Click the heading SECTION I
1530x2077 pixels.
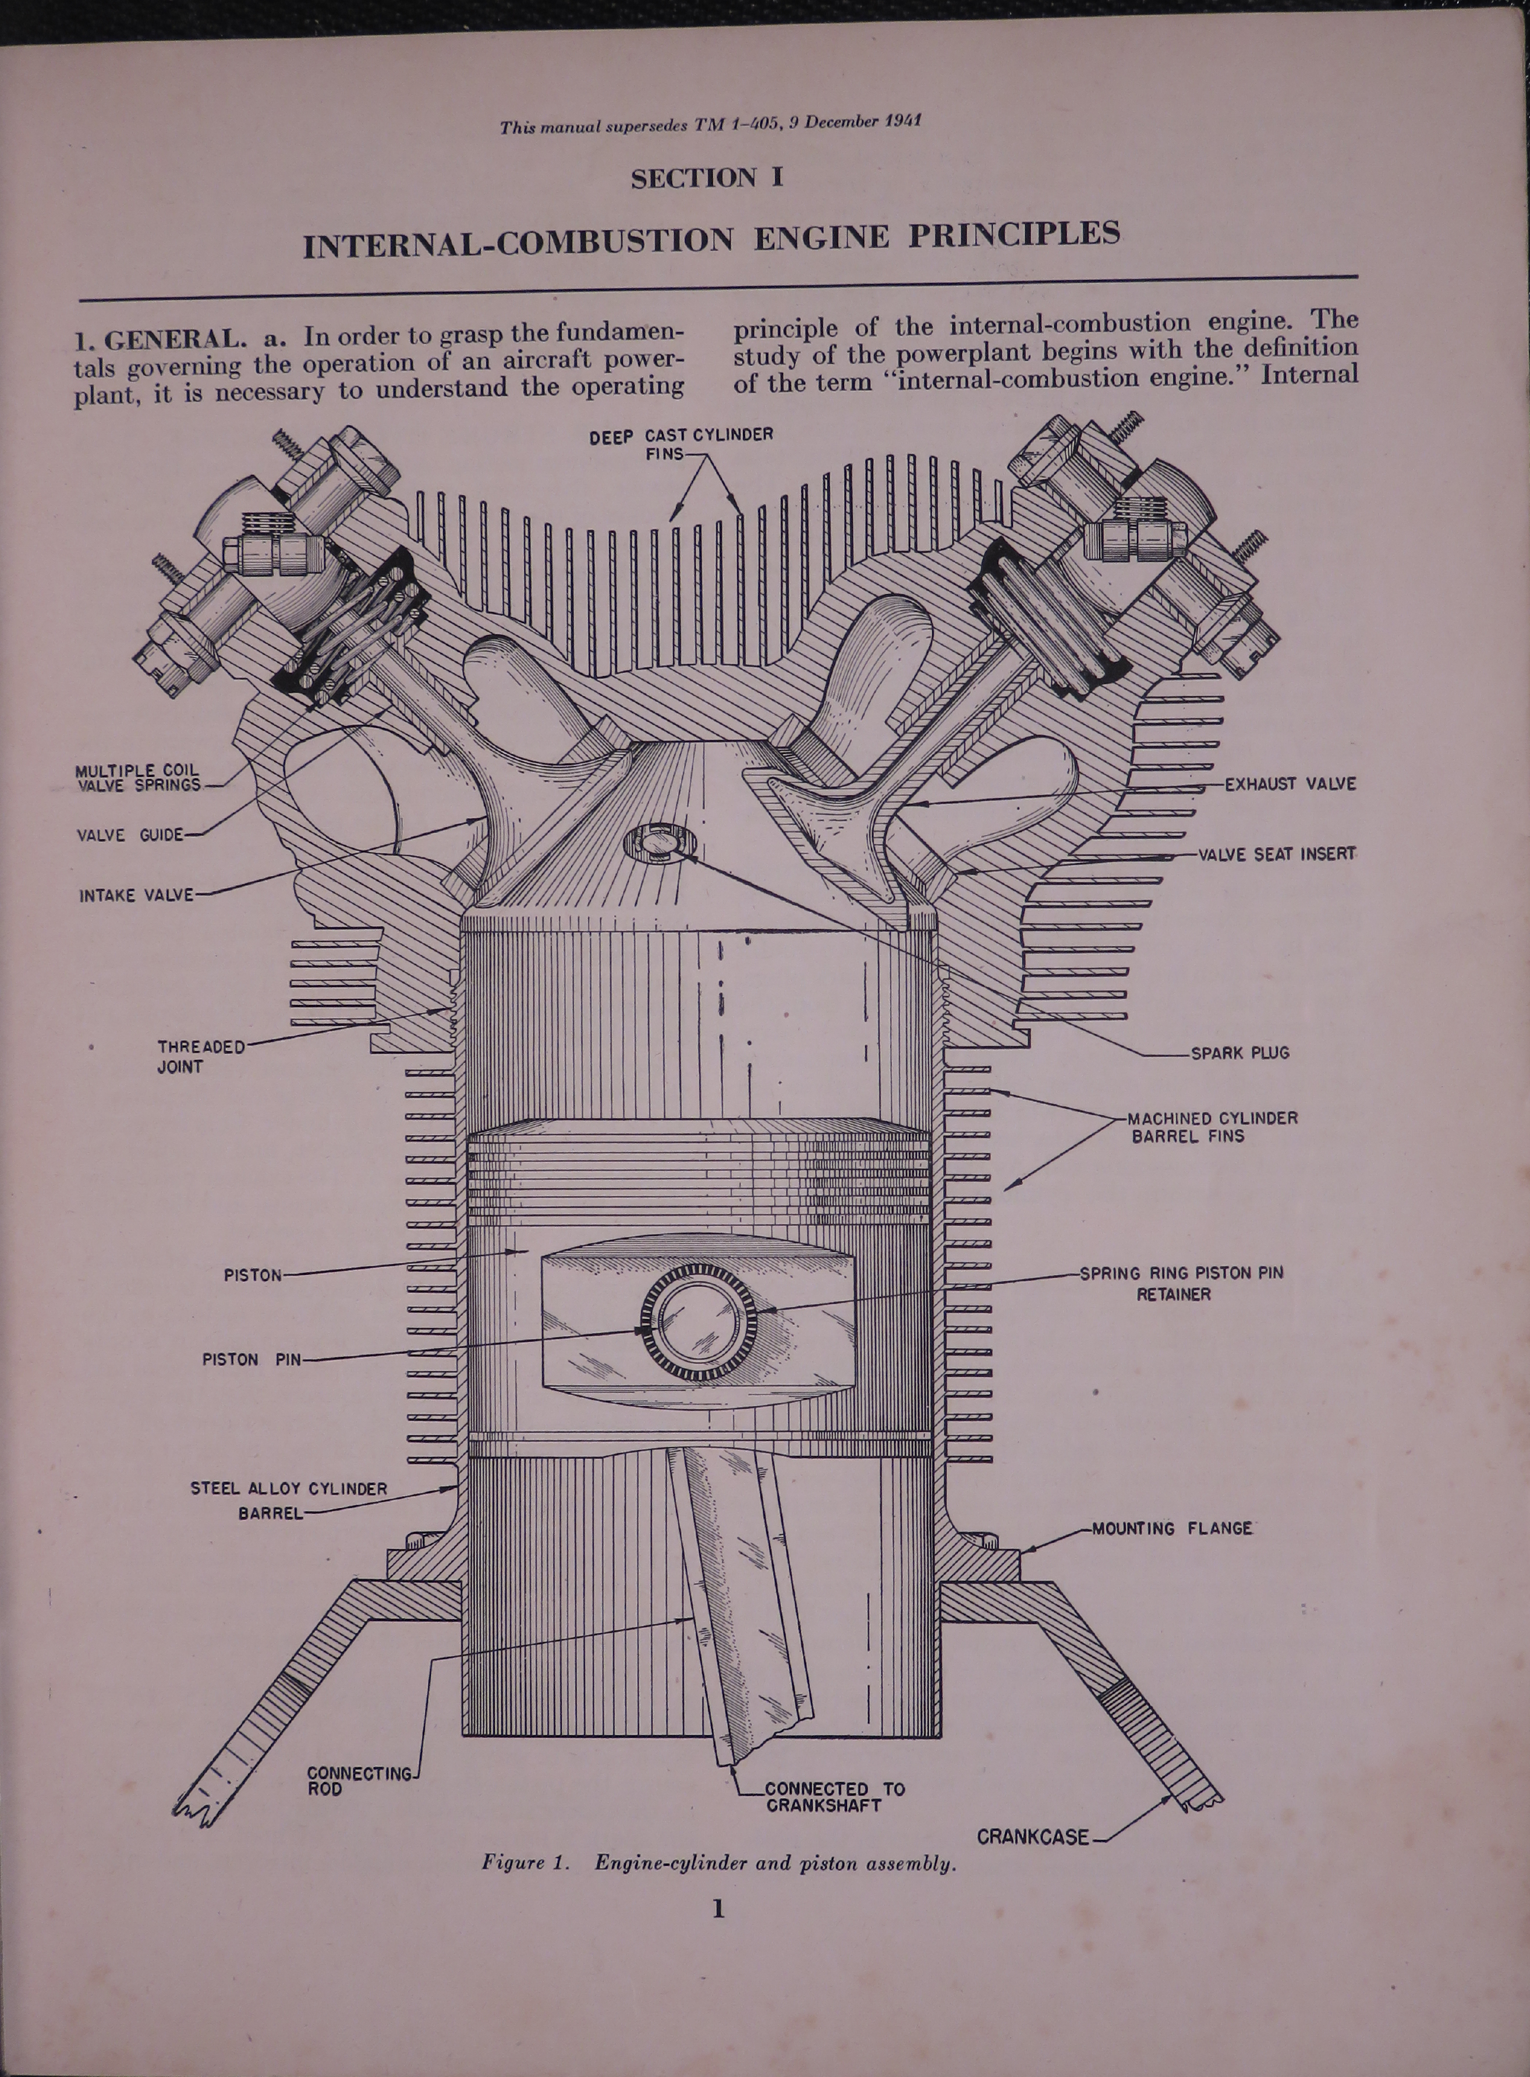707,178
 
